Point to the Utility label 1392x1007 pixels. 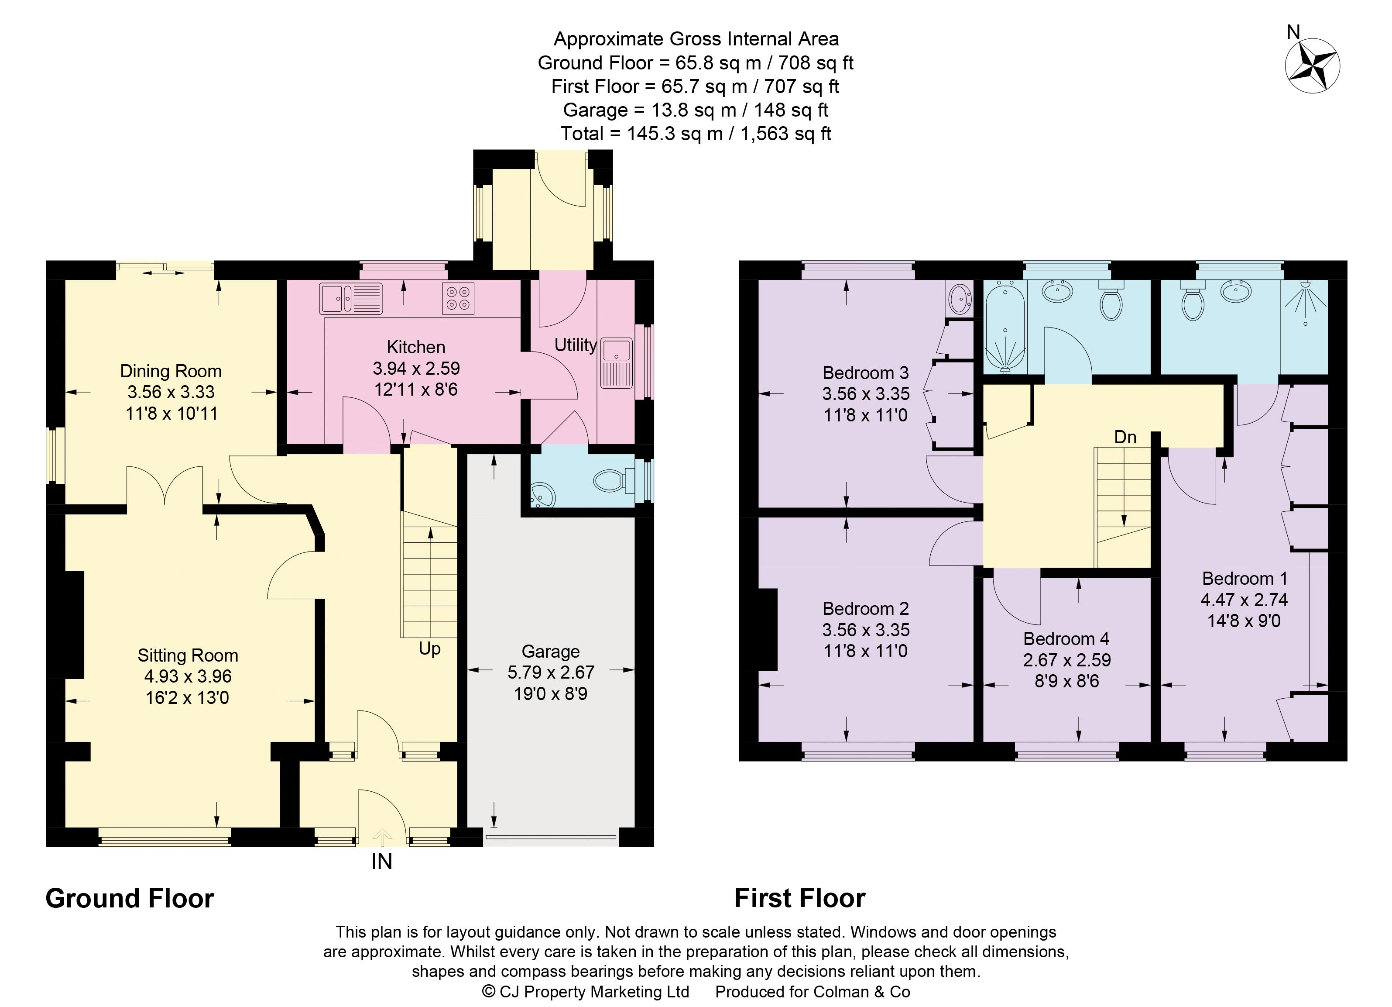575,345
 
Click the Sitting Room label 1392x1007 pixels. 187,655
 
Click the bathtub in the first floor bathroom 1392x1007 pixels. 1005,328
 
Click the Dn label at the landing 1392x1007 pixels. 1125,437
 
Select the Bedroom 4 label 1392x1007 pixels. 1066,638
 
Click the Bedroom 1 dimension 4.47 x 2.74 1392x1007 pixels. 1244,599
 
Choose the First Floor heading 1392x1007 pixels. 799,898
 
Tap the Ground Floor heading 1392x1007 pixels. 130,898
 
